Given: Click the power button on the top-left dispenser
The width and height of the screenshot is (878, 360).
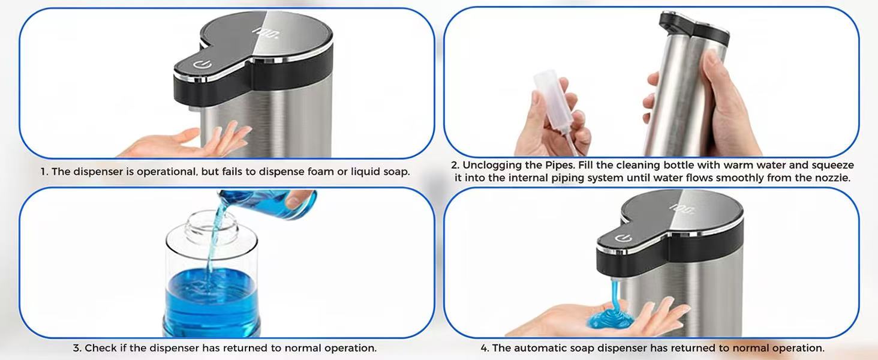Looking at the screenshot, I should (x=199, y=63).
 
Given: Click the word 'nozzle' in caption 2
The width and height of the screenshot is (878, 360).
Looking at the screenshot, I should (x=833, y=178).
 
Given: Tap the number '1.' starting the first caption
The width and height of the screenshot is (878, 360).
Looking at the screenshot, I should (x=44, y=172).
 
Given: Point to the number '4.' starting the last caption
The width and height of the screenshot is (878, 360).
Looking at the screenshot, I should (x=485, y=348).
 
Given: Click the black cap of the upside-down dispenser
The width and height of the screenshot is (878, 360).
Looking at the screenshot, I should (x=693, y=25).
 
